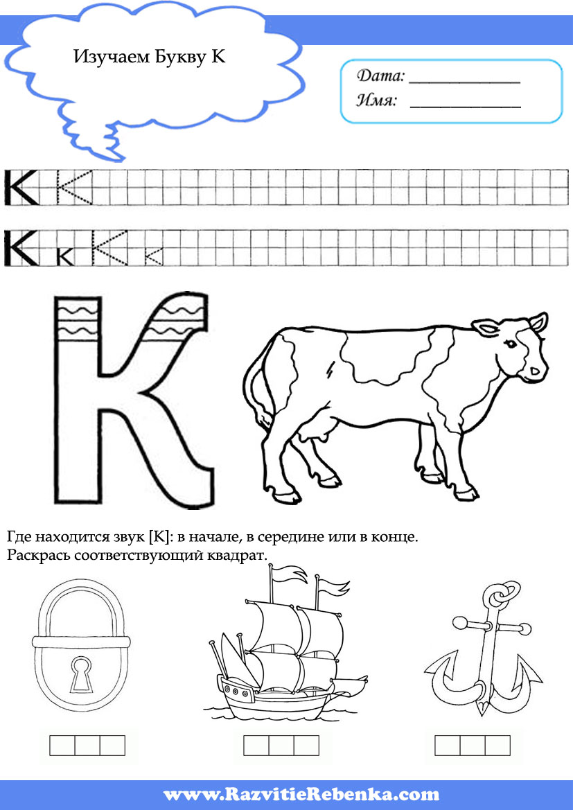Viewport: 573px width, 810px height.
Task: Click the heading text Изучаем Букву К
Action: pyautogui.click(x=150, y=56)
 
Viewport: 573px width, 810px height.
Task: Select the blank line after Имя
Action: pyautogui.click(x=465, y=107)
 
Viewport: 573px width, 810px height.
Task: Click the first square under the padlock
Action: pyautogui.click(x=62, y=746)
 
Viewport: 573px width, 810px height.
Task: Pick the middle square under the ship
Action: pyautogui.click(x=281, y=746)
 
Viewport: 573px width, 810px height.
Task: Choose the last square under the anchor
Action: pyautogui.click(x=497, y=746)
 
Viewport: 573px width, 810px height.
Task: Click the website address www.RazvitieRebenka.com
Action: pyautogui.click(x=301, y=793)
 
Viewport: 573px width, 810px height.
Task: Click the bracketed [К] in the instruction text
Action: pyautogui.click(x=159, y=537)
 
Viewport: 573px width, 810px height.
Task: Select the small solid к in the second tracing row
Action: pyautogui.click(x=66, y=256)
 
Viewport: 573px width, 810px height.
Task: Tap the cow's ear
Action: pyautogui.click(x=484, y=328)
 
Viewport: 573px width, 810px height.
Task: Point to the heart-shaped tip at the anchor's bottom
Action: pyautogui.click(x=482, y=706)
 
